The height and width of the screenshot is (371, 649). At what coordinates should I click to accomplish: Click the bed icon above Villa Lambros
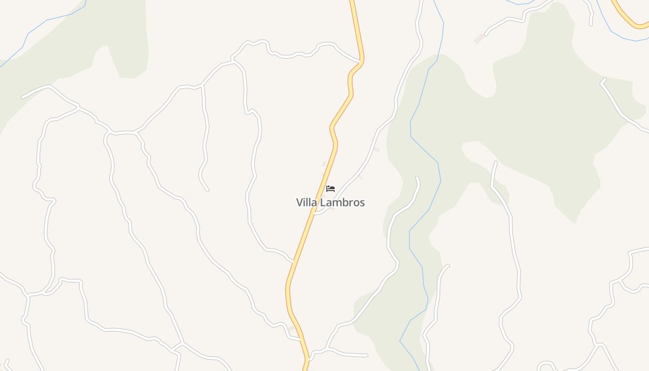coord(331,188)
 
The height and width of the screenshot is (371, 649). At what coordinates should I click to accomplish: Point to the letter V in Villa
coord(299,203)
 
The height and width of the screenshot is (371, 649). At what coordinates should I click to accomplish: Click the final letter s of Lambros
coord(363,203)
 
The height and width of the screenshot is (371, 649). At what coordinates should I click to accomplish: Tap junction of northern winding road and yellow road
coord(361,61)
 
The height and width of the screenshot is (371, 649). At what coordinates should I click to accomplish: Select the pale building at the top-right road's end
coord(479,39)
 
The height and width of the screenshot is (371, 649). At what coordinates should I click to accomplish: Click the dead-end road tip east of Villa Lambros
coord(417,177)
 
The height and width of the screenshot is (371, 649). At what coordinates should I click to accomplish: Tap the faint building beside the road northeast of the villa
coord(376,149)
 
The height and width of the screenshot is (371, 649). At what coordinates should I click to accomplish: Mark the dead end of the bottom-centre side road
coord(367,356)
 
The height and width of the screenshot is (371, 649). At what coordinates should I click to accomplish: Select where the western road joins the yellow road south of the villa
coord(293,262)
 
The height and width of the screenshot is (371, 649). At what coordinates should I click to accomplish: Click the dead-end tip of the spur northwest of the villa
coord(208,190)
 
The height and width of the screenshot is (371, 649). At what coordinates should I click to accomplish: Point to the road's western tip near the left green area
coord(22,98)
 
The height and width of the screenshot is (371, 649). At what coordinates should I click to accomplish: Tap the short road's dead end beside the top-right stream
coord(591,24)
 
